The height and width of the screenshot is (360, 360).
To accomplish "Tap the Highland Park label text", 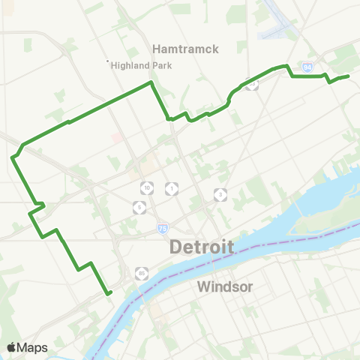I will (141, 65).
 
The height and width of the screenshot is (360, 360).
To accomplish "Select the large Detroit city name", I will (202, 247).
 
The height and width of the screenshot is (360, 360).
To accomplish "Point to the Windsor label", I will (225, 286).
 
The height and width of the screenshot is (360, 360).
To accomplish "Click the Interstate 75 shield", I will (163, 227).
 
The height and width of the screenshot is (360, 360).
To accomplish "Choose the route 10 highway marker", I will (147, 187).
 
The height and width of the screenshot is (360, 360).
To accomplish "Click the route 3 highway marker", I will (220, 194).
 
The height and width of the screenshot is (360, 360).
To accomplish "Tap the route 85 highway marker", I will (142, 272).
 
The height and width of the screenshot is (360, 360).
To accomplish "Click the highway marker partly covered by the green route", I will (253, 85).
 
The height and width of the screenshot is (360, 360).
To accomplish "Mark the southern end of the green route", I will (109, 293).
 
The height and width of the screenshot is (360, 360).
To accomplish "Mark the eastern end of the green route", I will (349, 76).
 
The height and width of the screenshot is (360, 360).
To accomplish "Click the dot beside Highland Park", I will (107, 61).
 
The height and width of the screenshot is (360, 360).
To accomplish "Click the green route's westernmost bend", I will (13, 157).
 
